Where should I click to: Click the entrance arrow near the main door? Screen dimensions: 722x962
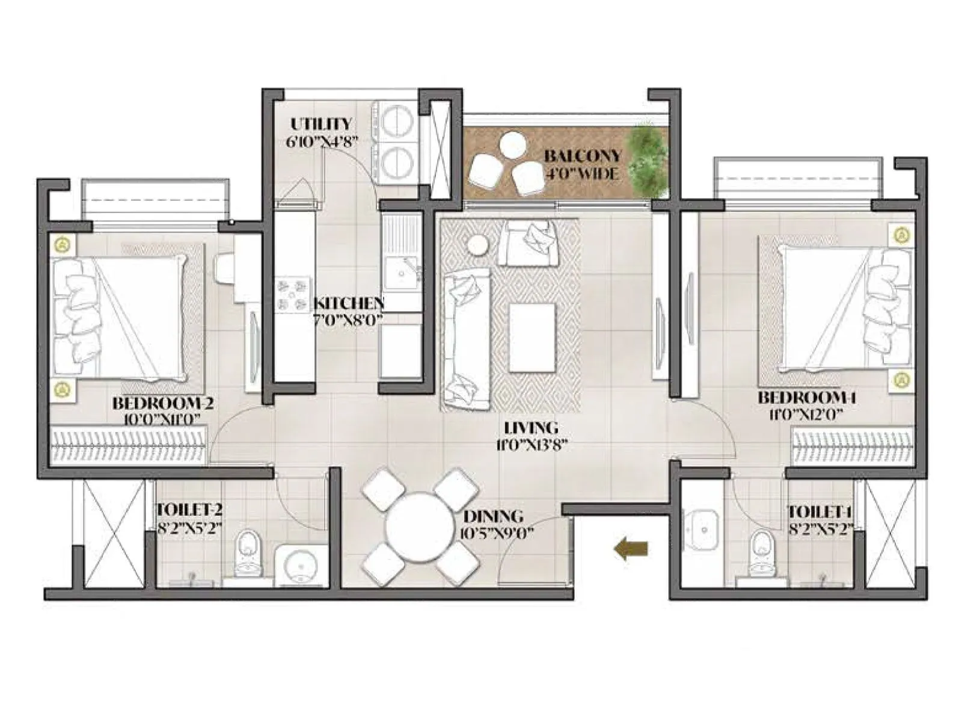click(631, 549)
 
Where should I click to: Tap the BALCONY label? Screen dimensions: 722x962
click(581, 156)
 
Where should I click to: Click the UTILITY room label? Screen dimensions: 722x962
click(321, 124)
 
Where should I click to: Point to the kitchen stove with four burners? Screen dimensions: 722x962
click(293, 295)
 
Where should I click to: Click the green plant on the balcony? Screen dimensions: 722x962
click(648, 158)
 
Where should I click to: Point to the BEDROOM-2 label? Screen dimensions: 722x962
click(162, 402)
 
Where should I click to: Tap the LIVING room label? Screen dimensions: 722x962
click(530, 428)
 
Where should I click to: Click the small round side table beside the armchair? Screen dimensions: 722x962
click(479, 245)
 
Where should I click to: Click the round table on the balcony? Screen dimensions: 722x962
click(512, 144)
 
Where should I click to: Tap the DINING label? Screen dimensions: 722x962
click(492, 516)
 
